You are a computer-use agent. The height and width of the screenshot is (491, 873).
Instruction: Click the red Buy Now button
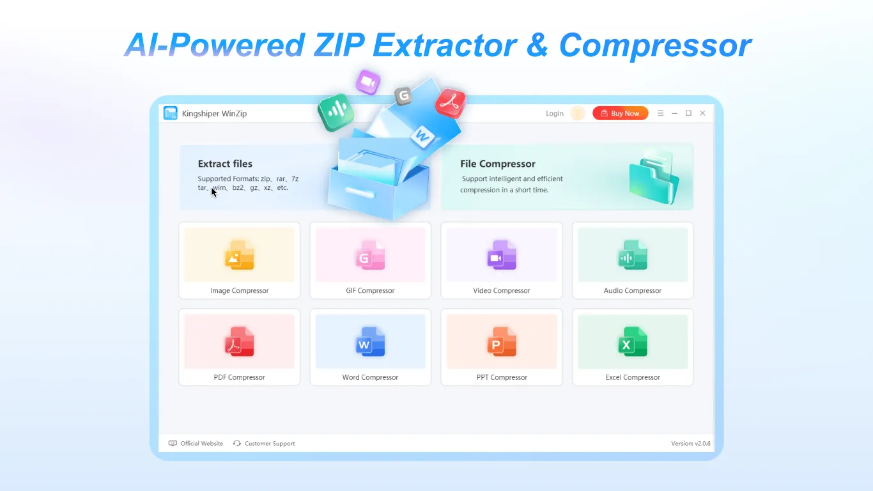coord(620,113)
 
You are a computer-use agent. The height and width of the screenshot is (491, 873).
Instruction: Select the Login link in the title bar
coord(554,114)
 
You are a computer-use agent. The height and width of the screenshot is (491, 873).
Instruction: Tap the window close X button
coord(702,113)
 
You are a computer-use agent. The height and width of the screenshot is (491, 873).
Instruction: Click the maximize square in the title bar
coord(688,113)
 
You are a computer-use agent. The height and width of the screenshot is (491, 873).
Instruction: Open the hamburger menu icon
coord(661,113)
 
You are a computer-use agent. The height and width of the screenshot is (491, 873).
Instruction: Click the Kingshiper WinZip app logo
coord(170,113)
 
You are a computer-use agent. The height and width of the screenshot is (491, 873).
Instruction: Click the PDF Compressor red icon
coord(239,341)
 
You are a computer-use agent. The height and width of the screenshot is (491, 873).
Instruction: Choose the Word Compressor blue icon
coord(370,341)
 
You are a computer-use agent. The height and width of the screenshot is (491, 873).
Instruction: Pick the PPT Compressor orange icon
coord(502,341)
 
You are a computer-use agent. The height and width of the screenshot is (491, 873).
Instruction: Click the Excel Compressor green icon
coord(633,341)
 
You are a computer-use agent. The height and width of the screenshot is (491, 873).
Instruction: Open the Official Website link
coord(201,443)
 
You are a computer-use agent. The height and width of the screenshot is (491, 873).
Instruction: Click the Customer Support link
coord(269,443)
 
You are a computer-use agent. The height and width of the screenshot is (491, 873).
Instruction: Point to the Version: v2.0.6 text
coord(690,443)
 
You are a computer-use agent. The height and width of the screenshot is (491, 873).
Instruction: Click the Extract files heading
coord(225,164)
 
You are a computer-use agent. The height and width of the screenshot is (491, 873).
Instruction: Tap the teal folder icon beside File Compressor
coord(652,177)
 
